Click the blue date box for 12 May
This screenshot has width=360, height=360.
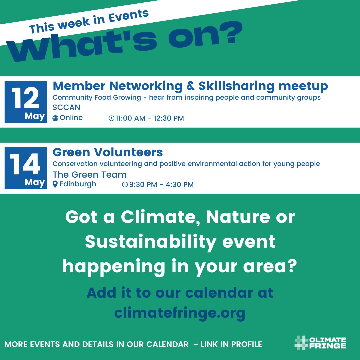[x=26, y=102]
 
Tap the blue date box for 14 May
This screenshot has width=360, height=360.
[x=26, y=168]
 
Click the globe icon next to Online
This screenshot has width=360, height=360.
[x=55, y=118]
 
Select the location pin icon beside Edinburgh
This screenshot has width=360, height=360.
[x=55, y=184]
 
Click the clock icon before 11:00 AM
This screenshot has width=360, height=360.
[x=111, y=118]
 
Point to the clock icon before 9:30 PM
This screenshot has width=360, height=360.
[x=125, y=185]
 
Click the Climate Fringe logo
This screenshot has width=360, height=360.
[x=320, y=343]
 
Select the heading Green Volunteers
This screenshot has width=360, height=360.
[x=108, y=152]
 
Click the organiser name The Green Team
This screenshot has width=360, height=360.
[x=90, y=174]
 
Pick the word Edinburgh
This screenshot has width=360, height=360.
[x=78, y=184]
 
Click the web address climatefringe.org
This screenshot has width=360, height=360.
[x=180, y=313]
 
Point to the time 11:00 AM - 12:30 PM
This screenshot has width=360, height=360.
[x=150, y=118]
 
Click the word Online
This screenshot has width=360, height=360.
[x=71, y=118]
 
